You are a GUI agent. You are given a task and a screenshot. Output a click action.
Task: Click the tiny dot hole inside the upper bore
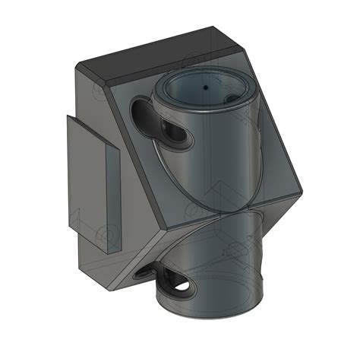pos(205,87)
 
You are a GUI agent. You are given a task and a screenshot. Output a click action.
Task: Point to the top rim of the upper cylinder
pos(205,77)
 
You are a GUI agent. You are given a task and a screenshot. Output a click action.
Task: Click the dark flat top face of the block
pos(159,53)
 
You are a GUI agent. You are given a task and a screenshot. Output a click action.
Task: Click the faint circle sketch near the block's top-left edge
pos(99,91)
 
